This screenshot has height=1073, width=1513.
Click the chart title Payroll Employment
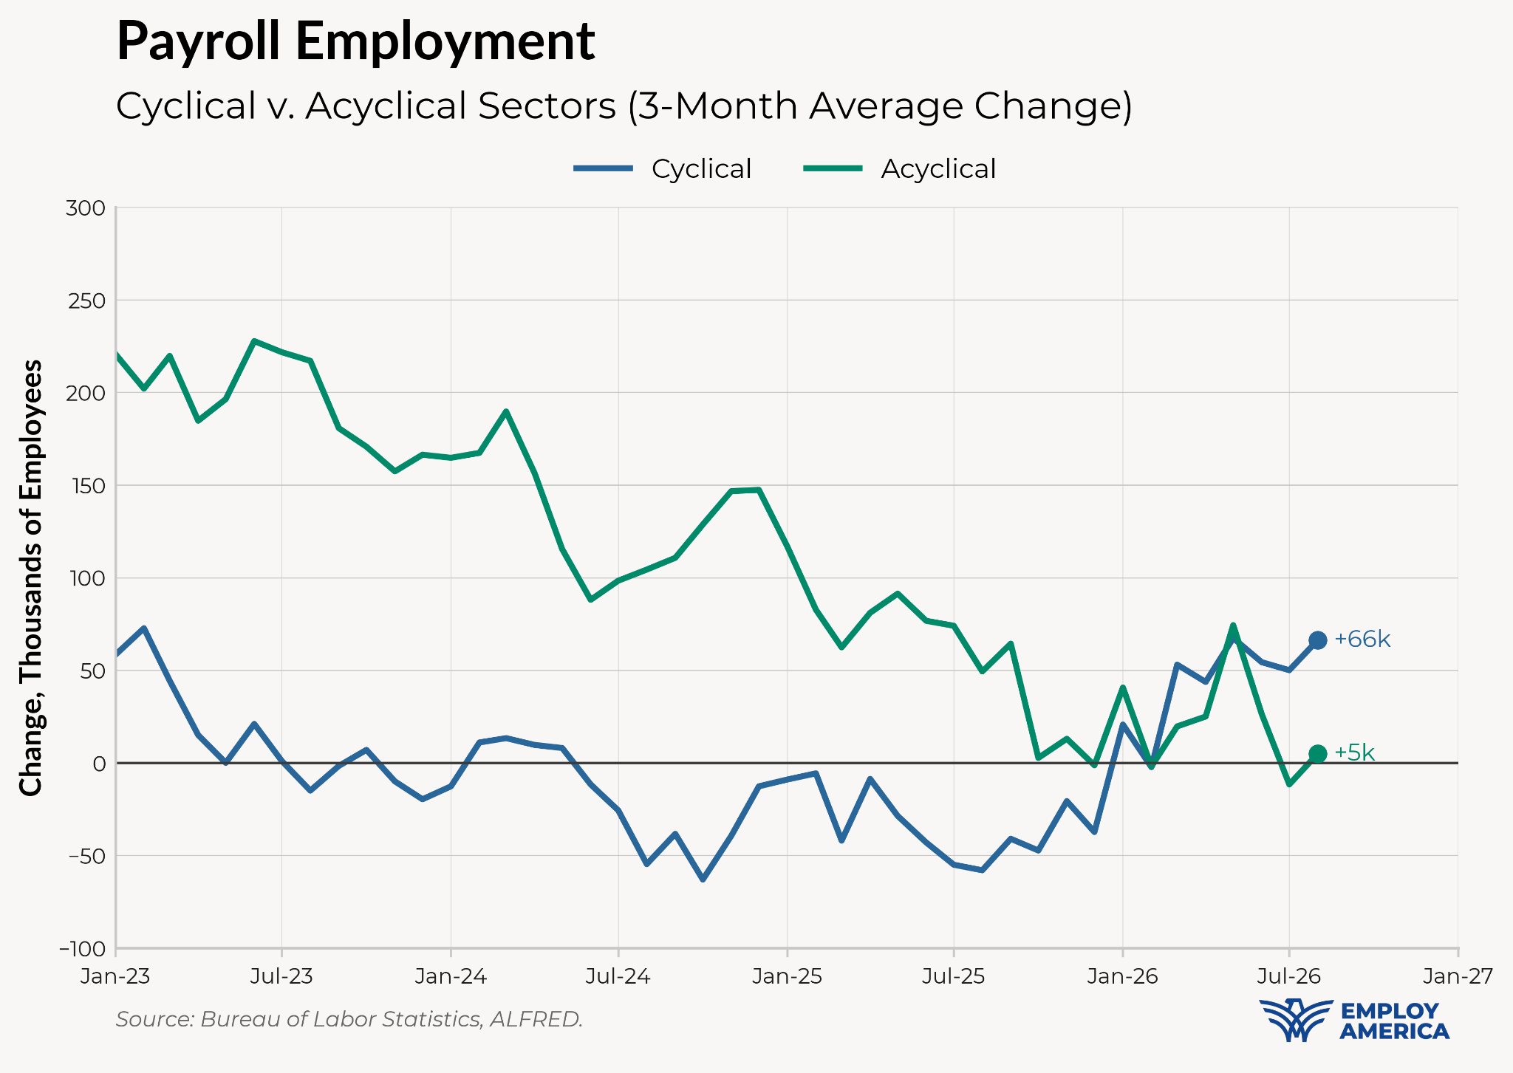(355, 42)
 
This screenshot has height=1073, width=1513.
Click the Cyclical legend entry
(663, 169)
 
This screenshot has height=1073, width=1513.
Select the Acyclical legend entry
(900, 169)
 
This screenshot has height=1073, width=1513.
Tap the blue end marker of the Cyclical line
(1317, 640)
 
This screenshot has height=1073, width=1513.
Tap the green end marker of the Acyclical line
(1317, 753)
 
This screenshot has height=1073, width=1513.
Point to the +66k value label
(1362, 640)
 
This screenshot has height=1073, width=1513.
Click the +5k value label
(1354, 753)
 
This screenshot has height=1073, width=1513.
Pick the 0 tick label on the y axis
(99, 763)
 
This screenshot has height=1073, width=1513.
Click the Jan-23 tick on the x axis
(115, 976)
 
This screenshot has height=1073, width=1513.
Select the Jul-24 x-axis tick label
(618, 976)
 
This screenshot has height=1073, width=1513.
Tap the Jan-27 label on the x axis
(1458, 976)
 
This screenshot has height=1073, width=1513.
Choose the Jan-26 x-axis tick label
(1123, 976)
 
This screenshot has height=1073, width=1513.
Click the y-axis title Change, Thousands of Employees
(31, 577)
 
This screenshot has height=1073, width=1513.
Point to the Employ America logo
(1353, 1020)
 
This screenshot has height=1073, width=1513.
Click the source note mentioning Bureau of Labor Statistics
(349, 1020)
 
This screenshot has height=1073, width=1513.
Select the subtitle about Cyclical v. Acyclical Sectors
(624, 106)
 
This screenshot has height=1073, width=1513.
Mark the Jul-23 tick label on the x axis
(281, 976)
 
